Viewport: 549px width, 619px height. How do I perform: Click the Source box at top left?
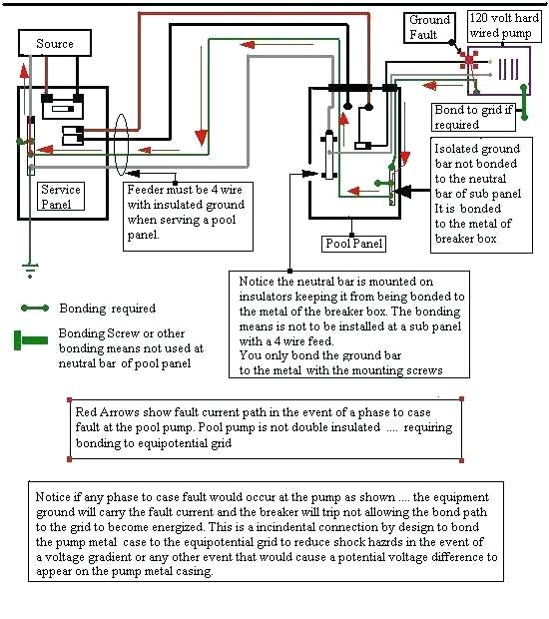click(x=55, y=43)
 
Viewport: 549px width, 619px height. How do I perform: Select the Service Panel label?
click(x=60, y=197)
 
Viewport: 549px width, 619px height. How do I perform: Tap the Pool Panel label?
click(x=353, y=244)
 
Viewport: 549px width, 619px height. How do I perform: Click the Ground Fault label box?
click(x=429, y=27)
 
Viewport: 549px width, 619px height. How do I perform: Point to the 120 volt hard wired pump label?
click(x=504, y=25)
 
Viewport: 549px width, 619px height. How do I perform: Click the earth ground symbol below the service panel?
click(x=30, y=270)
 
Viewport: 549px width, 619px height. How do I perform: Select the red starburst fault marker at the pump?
click(x=469, y=60)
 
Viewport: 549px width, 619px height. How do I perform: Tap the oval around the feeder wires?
click(x=121, y=145)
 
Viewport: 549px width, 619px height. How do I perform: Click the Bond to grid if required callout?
click(x=473, y=117)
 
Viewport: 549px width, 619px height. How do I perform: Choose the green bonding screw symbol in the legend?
click(x=31, y=340)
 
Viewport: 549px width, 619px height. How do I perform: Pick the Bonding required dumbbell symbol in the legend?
click(x=35, y=308)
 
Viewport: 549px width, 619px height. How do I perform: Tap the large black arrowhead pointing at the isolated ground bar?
click(x=403, y=191)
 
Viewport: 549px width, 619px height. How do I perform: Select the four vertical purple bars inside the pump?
click(x=509, y=69)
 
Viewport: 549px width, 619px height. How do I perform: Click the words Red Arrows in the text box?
click(x=107, y=412)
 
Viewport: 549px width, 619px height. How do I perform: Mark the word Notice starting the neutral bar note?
click(x=257, y=282)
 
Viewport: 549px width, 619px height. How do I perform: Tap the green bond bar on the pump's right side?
click(x=524, y=102)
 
